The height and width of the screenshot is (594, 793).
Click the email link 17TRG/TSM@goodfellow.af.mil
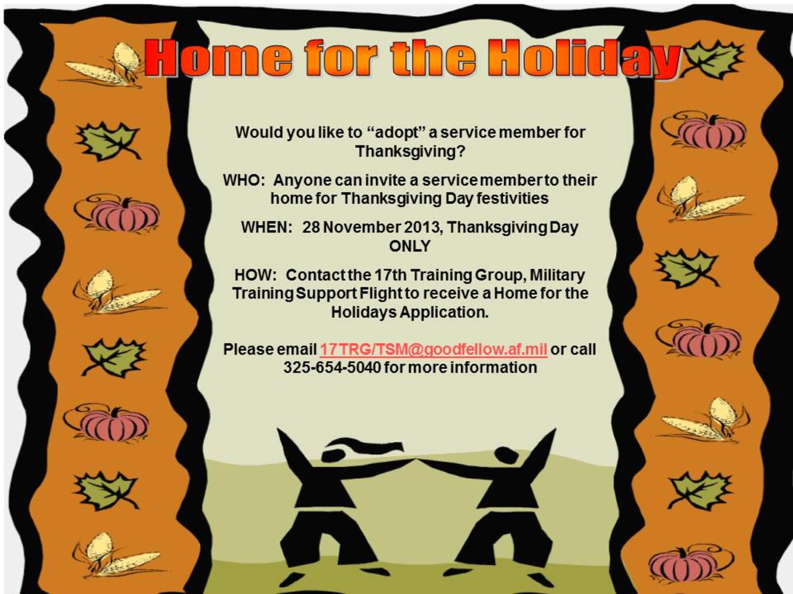(x=433, y=350)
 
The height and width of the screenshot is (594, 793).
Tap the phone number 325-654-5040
(x=332, y=368)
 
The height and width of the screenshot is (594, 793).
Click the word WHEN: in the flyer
(x=266, y=228)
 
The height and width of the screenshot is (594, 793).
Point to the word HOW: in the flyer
(x=255, y=275)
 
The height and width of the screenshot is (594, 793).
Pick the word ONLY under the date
(x=409, y=246)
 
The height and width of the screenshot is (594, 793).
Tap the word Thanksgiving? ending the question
(x=410, y=152)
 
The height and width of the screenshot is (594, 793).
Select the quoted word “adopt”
(x=395, y=133)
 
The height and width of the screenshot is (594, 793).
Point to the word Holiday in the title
(x=583, y=59)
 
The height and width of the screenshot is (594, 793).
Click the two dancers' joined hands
(x=416, y=461)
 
